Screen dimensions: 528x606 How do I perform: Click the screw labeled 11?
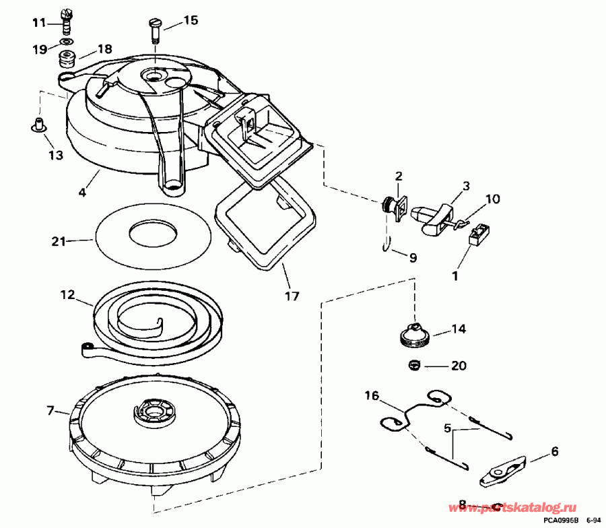[65, 22]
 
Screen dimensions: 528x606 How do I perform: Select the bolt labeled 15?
[154, 30]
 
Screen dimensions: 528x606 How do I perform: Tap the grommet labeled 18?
[67, 59]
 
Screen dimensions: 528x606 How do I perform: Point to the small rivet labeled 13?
[39, 124]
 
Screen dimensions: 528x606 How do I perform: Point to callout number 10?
[492, 199]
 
